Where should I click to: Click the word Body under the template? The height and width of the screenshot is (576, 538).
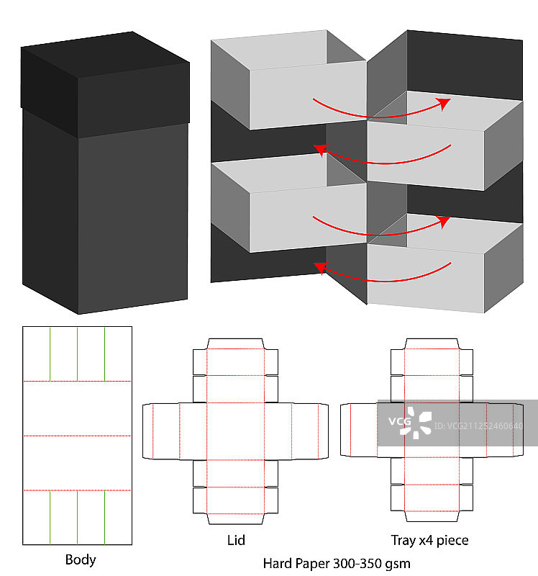pos(81,559)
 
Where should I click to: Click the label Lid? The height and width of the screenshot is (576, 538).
pos(235,539)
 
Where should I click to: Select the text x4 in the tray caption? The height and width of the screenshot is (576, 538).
pos(430,539)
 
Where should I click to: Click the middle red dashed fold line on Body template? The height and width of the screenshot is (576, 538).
pos(77,436)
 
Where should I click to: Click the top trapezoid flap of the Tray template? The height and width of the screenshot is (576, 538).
pos(432,343)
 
